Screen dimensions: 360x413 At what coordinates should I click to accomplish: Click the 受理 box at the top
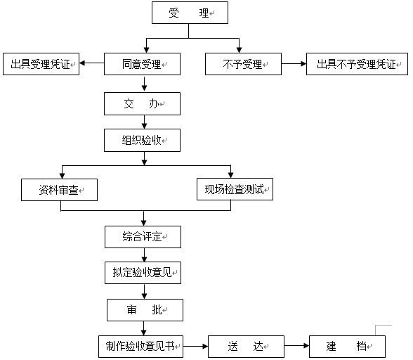pos(190,13)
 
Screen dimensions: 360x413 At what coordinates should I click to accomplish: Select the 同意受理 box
pos(143,65)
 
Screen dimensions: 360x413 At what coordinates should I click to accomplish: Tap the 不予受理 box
pos(243,65)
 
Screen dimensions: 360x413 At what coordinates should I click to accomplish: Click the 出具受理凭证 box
pos(40,65)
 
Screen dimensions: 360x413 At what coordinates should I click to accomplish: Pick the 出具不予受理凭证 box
pos(356,65)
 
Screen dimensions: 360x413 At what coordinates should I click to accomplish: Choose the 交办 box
pos(143,104)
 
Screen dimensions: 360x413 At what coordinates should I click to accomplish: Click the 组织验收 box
pos(143,140)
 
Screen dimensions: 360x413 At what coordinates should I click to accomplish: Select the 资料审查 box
pos(58,189)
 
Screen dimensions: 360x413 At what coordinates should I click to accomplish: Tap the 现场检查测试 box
pos(234,189)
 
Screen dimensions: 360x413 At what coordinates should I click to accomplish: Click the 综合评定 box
pos(143,237)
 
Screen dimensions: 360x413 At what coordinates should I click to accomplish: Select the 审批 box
pos(145,310)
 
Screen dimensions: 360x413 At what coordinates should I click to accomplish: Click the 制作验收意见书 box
pos(140,346)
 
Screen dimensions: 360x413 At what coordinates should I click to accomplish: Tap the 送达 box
pos(245,346)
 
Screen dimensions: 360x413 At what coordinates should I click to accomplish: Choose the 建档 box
pos(347,346)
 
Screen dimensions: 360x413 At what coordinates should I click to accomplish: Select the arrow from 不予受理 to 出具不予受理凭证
pos(294,65)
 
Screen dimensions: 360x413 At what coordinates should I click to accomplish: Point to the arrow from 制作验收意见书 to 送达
pos(195,346)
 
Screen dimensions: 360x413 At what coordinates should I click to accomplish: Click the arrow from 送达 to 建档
pos(296,346)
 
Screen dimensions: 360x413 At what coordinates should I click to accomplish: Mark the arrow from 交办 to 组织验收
pos(143,122)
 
